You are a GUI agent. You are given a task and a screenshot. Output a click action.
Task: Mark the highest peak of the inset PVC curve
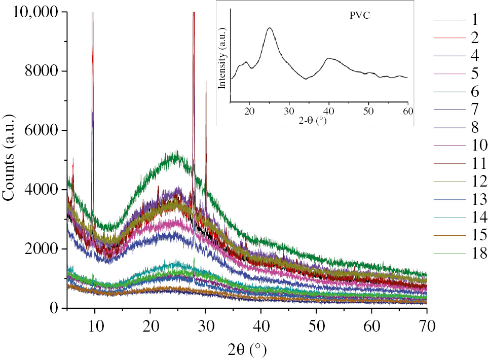pyautogui.click(x=270, y=28)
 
